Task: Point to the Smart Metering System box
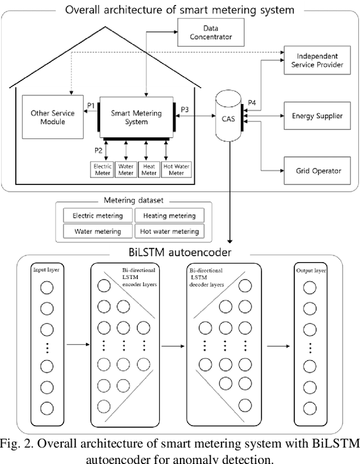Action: tap(137, 118)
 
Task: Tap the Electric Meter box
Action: tap(102, 169)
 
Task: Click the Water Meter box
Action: tap(126, 169)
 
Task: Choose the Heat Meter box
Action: tap(149, 169)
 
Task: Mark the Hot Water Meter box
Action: tap(177, 169)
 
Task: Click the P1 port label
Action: tap(91, 105)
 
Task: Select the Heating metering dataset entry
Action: tap(169, 215)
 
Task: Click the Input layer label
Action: tap(47, 271)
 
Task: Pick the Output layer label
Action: tap(311, 271)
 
